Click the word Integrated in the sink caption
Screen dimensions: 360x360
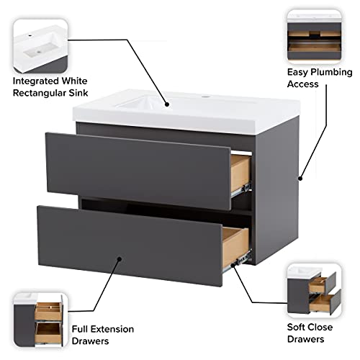pos(36,81)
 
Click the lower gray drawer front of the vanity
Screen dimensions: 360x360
pos(130,238)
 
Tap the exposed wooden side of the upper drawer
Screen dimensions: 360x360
pos(240,168)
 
